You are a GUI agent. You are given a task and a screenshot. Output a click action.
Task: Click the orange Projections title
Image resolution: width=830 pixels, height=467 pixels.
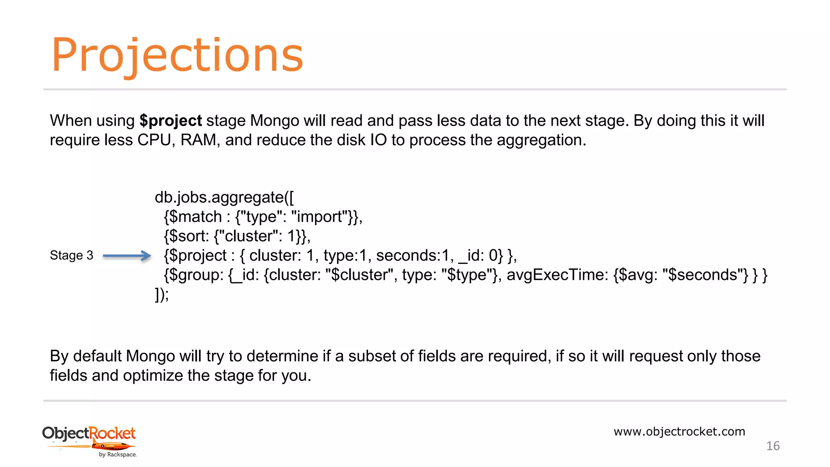(177, 56)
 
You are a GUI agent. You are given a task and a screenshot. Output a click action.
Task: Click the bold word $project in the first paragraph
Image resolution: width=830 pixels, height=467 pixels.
(170, 121)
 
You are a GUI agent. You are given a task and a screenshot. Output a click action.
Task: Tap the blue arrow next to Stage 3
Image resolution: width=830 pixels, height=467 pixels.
(127, 256)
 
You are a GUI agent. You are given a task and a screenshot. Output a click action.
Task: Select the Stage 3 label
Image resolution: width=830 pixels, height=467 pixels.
(71, 255)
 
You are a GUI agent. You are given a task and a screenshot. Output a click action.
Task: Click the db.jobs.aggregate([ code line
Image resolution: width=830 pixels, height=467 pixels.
(224, 197)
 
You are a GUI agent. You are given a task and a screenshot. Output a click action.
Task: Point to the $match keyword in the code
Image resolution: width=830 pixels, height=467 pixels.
(195, 217)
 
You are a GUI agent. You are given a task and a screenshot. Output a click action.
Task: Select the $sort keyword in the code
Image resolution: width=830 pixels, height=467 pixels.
(189, 236)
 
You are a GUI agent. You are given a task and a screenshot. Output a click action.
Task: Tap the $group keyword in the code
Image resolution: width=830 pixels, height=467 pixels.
(196, 275)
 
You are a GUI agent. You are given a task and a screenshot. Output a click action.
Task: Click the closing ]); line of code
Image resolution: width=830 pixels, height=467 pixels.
(161, 295)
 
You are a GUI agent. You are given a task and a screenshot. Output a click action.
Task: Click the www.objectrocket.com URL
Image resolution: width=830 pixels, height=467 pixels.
(679, 431)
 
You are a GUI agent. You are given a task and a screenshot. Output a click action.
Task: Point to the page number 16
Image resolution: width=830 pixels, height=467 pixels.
(773, 446)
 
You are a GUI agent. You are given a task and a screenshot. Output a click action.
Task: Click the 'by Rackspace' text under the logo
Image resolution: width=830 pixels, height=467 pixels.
(118, 455)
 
